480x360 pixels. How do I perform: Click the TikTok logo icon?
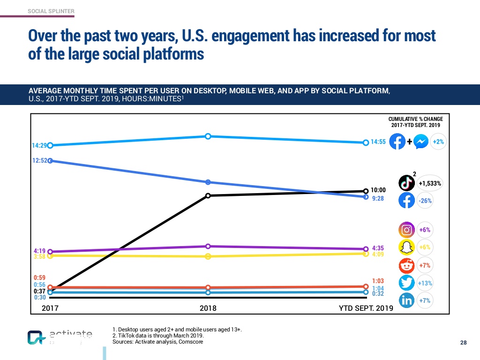pyautogui.click(x=406, y=183)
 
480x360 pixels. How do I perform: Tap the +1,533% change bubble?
pyautogui.click(x=430, y=183)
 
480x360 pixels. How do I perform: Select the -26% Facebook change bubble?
pyautogui.click(x=425, y=201)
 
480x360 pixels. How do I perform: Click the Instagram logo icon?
pyautogui.click(x=407, y=230)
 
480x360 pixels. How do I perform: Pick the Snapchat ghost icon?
pyautogui.click(x=407, y=247)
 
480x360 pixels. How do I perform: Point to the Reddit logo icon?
pyautogui.click(x=407, y=265)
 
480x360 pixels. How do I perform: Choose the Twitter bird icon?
pyautogui.click(x=407, y=283)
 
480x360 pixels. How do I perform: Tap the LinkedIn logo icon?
pyautogui.click(x=407, y=300)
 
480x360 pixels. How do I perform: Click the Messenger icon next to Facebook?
pyautogui.click(x=421, y=142)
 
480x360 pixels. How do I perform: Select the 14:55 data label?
pyautogui.click(x=378, y=142)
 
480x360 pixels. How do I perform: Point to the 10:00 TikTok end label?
pyautogui.click(x=378, y=190)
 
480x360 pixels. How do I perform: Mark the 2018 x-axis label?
pyautogui.click(x=208, y=308)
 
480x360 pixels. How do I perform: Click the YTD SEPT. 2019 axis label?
pyautogui.click(x=366, y=308)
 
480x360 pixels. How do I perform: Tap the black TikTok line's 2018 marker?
pyautogui.click(x=208, y=195)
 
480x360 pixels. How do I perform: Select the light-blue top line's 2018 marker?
pyautogui.click(x=208, y=136)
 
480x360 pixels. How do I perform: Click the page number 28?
pyautogui.click(x=463, y=343)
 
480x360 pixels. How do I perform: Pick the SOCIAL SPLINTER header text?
pyautogui.click(x=51, y=11)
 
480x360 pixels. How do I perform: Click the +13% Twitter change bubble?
pyautogui.click(x=425, y=283)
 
